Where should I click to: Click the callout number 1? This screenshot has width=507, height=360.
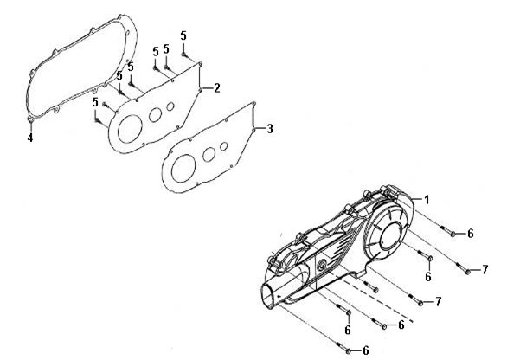(x=427, y=200)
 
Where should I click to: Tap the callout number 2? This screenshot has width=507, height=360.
(x=216, y=87)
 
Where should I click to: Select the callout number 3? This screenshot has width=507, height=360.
(x=270, y=129)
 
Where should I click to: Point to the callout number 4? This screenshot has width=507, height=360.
(x=30, y=138)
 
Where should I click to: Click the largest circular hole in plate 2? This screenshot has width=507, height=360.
(x=130, y=129)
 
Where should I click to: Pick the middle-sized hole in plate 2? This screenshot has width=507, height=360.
(x=155, y=115)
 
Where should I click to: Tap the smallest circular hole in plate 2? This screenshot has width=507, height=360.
(x=170, y=106)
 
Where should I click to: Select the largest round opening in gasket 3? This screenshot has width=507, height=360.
(x=183, y=169)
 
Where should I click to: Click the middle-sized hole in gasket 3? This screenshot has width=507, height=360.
(x=209, y=155)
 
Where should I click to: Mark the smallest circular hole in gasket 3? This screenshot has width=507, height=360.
(x=224, y=146)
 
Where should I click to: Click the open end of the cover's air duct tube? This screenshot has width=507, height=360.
(x=267, y=295)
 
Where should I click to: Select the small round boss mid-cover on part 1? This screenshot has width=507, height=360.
(x=322, y=266)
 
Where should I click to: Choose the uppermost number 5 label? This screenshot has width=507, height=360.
(x=183, y=35)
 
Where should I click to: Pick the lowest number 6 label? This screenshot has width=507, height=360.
(x=366, y=350)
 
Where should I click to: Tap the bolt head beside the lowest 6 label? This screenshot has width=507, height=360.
(x=349, y=351)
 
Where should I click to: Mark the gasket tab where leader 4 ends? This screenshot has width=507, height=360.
(x=31, y=119)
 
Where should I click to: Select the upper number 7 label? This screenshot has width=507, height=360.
(x=485, y=270)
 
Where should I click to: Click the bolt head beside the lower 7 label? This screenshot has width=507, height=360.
(x=420, y=304)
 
